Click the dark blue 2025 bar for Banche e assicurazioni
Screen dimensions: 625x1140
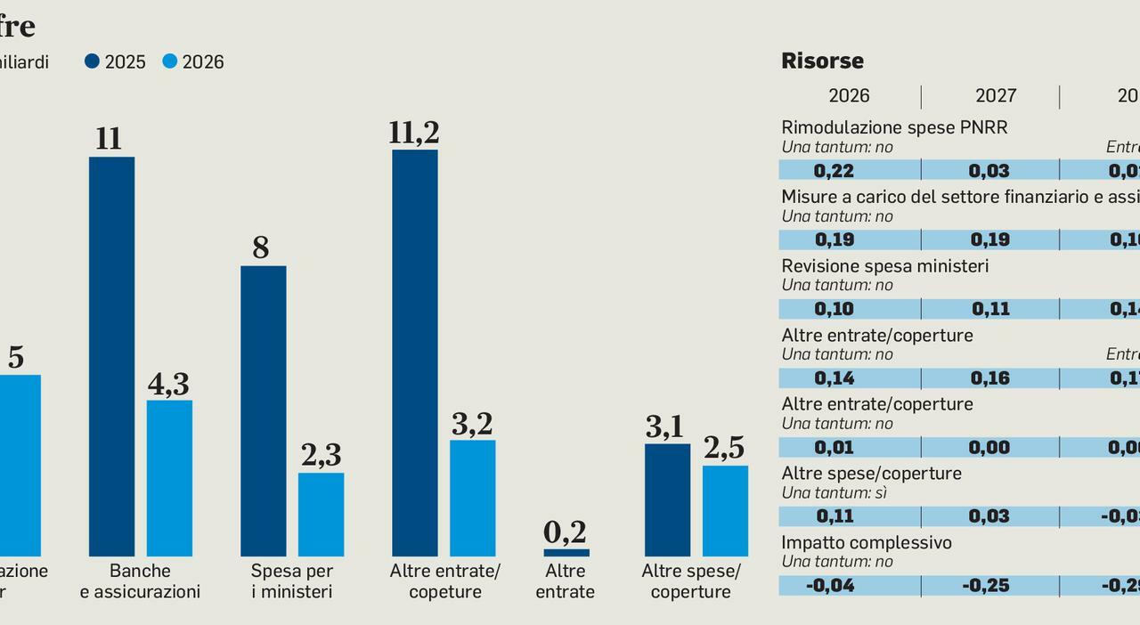point(111,356)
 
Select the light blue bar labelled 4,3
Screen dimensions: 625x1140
point(169,478)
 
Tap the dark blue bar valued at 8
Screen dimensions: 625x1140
point(263,410)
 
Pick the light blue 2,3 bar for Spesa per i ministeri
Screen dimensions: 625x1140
point(321,515)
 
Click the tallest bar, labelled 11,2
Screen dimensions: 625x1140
point(414,353)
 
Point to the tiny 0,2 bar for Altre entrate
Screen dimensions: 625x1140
point(566,553)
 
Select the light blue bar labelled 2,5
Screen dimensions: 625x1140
point(725,511)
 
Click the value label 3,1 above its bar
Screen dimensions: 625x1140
point(664,428)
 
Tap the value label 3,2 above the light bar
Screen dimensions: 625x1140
point(472,424)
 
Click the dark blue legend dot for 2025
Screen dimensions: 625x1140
point(92,61)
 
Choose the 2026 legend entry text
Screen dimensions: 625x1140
point(203,62)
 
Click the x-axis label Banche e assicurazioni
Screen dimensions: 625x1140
point(140,581)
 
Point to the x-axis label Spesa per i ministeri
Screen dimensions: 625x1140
point(291,581)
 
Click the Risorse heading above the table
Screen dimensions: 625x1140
point(822,61)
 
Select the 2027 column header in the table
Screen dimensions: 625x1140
point(995,96)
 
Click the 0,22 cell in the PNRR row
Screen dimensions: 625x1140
point(834,171)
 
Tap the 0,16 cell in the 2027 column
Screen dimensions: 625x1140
point(990,378)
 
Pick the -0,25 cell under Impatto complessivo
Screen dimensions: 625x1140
point(990,586)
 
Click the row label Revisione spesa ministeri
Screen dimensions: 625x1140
point(884,266)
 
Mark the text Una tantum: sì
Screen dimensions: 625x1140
point(834,492)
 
